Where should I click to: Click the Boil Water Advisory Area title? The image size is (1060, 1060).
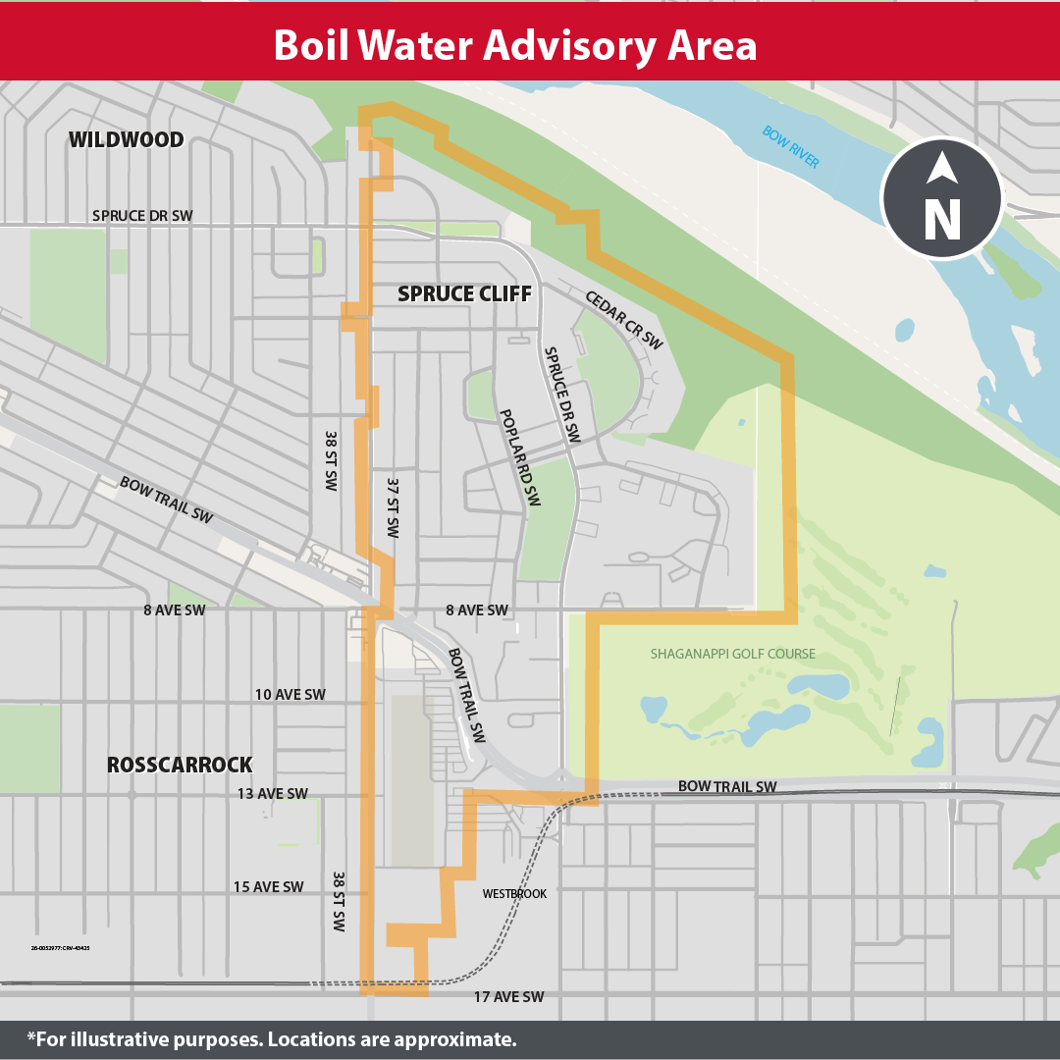tap(514, 46)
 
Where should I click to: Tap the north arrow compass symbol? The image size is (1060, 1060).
tap(941, 198)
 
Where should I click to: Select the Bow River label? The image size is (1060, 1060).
tap(790, 147)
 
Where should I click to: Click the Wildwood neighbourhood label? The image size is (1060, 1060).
tap(126, 140)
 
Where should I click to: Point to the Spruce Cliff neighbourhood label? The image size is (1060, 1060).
tap(464, 293)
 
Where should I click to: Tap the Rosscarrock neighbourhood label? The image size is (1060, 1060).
tap(180, 765)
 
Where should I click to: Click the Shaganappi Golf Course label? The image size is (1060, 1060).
tap(732, 654)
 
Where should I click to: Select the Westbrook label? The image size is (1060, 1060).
tap(514, 894)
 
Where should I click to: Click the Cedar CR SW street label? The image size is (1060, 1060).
tap(623, 320)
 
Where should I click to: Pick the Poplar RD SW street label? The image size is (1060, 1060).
tap(519, 457)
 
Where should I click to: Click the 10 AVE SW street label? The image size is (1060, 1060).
tap(290, 695)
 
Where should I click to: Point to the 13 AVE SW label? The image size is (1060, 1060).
tap(272, 794)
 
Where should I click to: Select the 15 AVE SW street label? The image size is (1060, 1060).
tap(268, 887)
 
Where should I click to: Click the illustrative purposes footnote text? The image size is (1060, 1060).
tap(272, 1039)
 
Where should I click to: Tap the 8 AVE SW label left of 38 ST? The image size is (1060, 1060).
tap(174, 610)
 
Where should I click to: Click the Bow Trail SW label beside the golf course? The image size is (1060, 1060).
tap(726, 787)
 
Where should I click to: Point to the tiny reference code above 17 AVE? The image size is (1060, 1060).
tap(61, 948)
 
